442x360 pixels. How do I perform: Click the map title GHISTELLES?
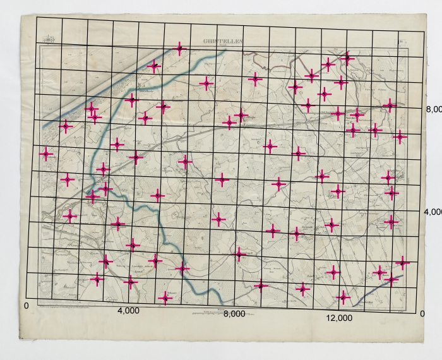click(x=222, y=42)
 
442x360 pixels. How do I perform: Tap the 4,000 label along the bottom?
click(x=128, y=311)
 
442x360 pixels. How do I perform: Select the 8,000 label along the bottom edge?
click(x=234, y=313)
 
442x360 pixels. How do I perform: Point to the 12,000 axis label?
click(x=340, y=318)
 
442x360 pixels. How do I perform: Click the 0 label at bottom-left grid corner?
click(x=26, y=306)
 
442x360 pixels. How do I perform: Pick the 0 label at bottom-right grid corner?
click(x=422, y=314)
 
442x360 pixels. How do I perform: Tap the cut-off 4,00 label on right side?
click(x=433, y=212)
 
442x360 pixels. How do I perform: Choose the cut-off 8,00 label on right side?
click(x=433, y=109)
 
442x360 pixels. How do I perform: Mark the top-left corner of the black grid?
click(x=36, y=17)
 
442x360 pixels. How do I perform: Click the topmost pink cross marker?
click(x=180, y=49)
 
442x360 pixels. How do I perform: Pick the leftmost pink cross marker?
click(x=45, y=153)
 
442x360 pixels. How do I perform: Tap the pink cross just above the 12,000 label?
click(x=343, y=296)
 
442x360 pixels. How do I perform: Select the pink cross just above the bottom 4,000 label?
click(x=131, y=282)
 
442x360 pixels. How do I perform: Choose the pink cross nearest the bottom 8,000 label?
click(x=261, y=286)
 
